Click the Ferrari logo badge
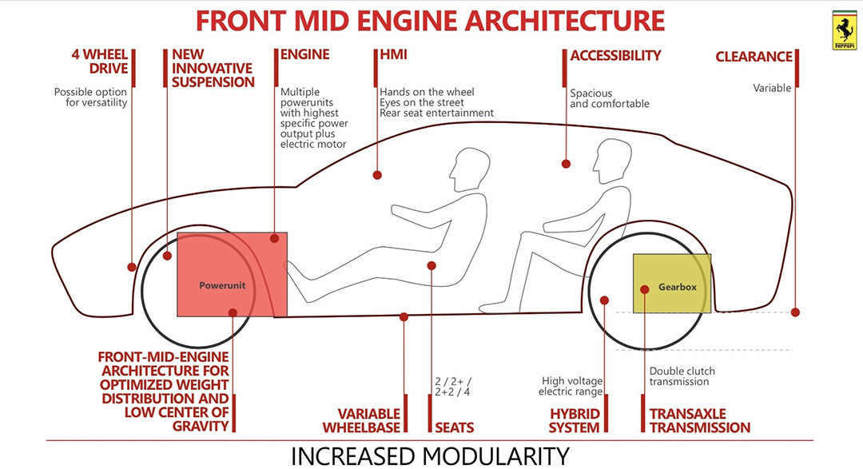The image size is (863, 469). click(844, 30)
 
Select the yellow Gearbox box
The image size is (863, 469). click(672, 284)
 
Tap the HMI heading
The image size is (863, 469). click(392, 56)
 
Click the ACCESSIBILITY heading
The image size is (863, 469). click(615, 56)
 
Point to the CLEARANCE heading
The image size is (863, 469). click(754, 57)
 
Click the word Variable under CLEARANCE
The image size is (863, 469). click(772, 88)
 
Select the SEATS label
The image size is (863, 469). click(454, 427)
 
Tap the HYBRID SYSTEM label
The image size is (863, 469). click(574, 420)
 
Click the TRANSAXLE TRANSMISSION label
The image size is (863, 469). click(699, 420)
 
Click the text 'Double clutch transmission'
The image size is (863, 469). click(682, 376)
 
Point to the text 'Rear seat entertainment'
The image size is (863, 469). click(436, 113)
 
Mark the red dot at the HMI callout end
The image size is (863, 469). click(377, 174)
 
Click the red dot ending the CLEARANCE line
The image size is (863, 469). click(795, 312)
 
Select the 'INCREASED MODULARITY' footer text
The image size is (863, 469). click(430, 455)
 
